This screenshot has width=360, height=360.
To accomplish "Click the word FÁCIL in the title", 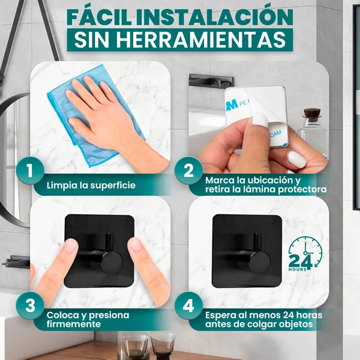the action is [x=100, y=17].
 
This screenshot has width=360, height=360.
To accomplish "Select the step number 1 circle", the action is [x=30, y=170].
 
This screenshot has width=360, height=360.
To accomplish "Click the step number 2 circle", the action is [x=188, y=170].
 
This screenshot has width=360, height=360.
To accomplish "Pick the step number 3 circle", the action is [x=30, y=306].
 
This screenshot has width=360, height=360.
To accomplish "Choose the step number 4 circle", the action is [x=188, y=306].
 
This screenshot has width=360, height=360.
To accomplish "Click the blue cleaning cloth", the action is [x=92, y=119].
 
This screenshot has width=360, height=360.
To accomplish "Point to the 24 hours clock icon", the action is [x=305, y=254].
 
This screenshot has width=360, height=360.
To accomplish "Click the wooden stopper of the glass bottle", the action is [x=311, y=113].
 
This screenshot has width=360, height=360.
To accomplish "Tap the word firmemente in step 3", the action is [x=74, y=324].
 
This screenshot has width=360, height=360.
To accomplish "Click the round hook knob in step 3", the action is [x=112, y=262].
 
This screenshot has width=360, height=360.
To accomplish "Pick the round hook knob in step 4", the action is [x=260, y=262].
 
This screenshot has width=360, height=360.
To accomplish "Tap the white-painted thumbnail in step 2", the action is [x=297, y=160].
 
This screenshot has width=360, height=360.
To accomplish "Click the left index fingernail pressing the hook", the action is [x=70, y=245].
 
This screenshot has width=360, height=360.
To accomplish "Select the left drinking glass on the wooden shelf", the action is [x=136, y=346].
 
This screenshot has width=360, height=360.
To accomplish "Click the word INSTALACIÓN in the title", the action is [x=214, y=17].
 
